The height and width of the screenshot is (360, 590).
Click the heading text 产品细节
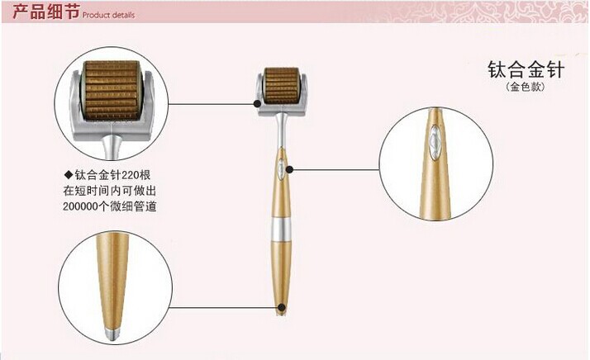(46, 12)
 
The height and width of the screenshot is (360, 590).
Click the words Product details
(108, 15)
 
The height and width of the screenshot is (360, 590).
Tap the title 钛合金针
(526, 69)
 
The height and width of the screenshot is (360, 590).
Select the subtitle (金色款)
(526, 87)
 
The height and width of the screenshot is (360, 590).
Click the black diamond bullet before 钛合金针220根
(68, 174)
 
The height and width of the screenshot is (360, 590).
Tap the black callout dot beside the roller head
(257, 103)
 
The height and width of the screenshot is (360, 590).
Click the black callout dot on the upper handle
(289, 169)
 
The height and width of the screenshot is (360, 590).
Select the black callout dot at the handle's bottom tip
(282, 308)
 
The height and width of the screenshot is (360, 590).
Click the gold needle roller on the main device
(282, 86)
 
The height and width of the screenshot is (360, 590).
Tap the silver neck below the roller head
(281, 131)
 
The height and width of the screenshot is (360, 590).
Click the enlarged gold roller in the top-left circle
(112, 90)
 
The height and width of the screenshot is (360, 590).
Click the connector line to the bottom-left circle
(225, 307)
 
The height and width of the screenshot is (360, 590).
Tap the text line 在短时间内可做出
(110, 191)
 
